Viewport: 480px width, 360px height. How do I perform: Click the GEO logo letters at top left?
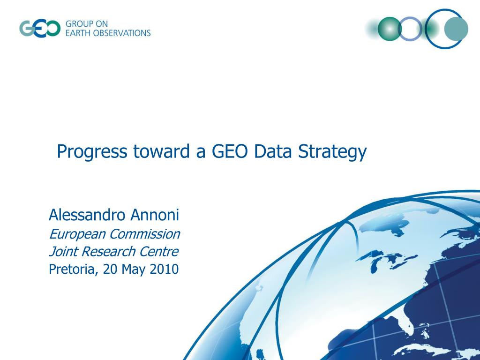40,28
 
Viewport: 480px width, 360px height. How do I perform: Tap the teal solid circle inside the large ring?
456,29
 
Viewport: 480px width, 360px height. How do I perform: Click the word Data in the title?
271,151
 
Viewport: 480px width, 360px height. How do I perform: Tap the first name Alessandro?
87,215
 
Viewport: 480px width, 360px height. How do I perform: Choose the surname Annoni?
155,215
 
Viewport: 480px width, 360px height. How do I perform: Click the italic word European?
77,234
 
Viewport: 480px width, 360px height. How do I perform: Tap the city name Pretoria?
71,270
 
